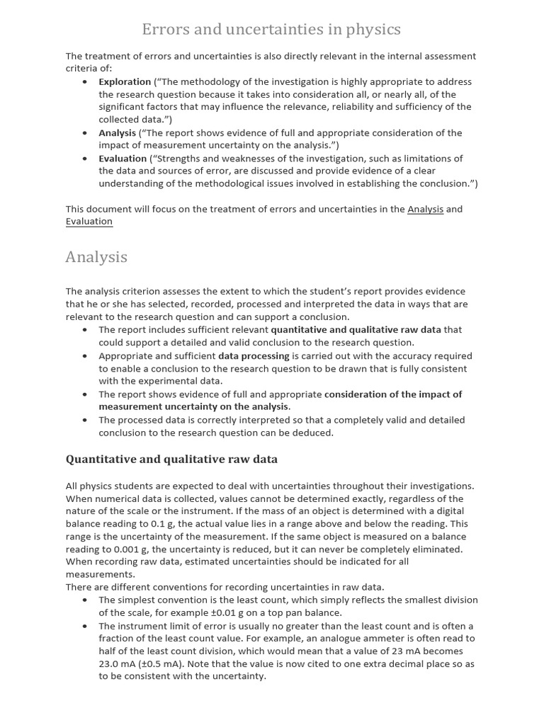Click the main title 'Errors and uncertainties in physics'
(x=271, y=30)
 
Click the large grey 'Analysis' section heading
(x=96, y=257)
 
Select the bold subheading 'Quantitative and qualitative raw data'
(x=171, y=459)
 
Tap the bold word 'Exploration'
(x=125, y=81)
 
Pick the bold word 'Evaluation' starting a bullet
(x=123, y=158)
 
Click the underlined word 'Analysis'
(x=425, y=209)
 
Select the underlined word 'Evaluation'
(x=89, y=222)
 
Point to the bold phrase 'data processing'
(x=254, y=356)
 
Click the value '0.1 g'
(x=164, y=524)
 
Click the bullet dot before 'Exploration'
(x=85, y=81)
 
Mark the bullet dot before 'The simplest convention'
(x=85, y=600)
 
